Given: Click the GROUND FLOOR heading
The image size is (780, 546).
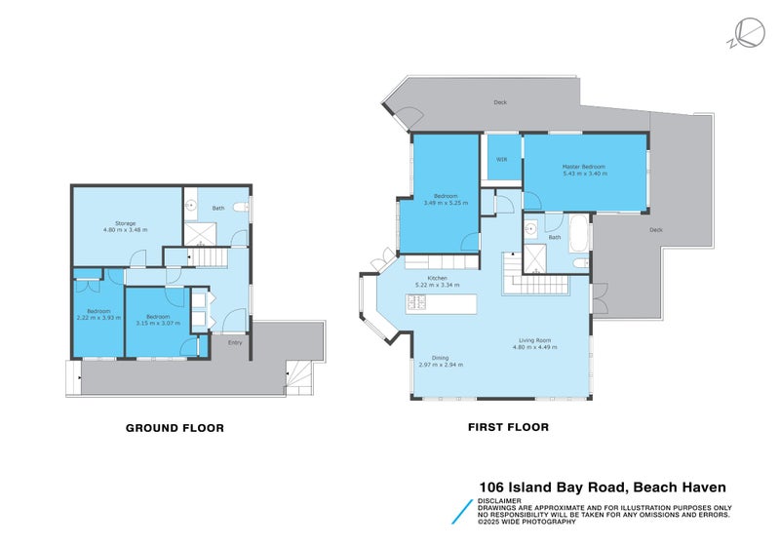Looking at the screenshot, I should point(175,428).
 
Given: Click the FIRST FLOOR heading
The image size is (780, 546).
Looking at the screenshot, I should point(507,427).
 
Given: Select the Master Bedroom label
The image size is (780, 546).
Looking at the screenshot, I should point(583,167).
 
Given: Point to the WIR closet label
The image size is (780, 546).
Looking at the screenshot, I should point(501,159).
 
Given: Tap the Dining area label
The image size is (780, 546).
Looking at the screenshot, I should point(440,358).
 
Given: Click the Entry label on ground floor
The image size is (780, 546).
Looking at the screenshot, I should point(235,342).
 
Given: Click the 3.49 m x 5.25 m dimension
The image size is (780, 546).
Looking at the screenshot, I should point(445,203).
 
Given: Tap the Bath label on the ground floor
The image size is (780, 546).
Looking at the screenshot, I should point(218,208).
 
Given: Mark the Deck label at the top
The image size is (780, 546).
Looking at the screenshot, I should point(500,100).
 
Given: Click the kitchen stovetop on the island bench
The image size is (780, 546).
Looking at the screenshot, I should point(419,302).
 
